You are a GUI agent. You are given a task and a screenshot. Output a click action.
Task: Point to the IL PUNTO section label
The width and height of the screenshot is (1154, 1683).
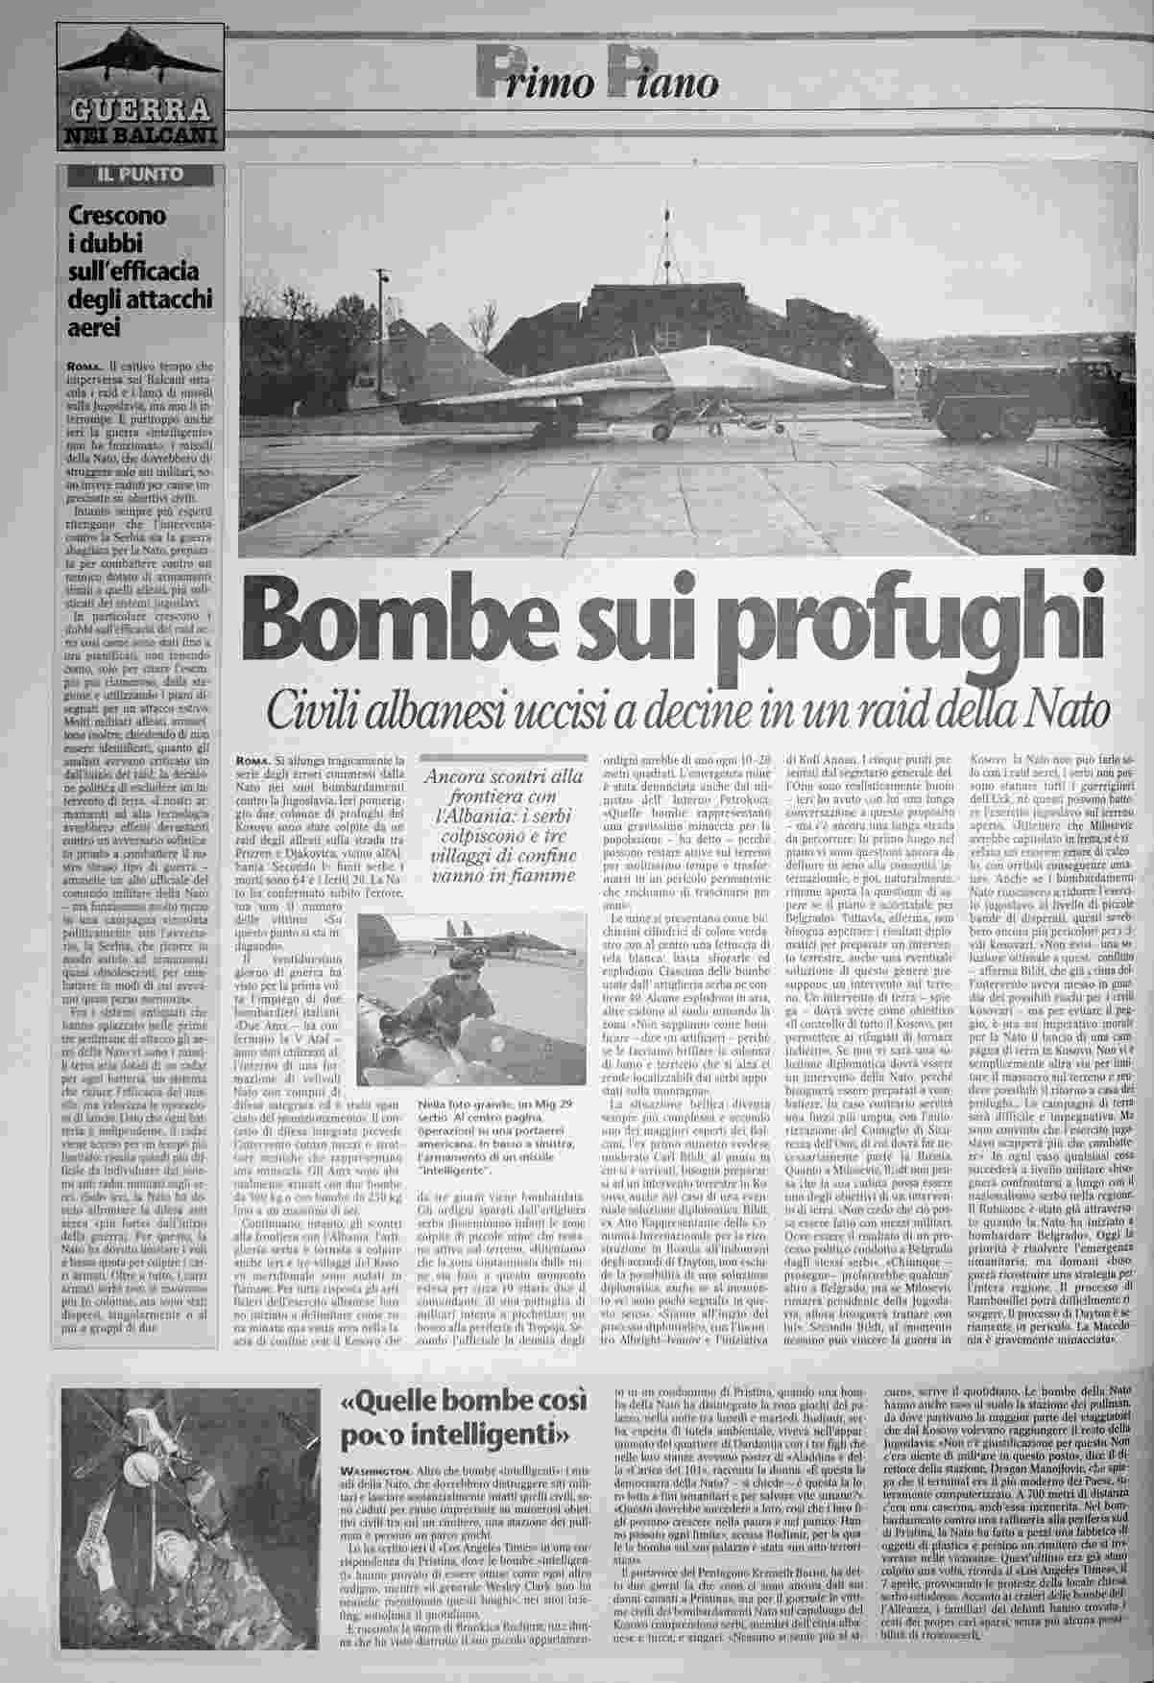click(x=140, y=175)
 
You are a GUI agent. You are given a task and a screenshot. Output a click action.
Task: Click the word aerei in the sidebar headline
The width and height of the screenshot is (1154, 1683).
click(x=93, y=327)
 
